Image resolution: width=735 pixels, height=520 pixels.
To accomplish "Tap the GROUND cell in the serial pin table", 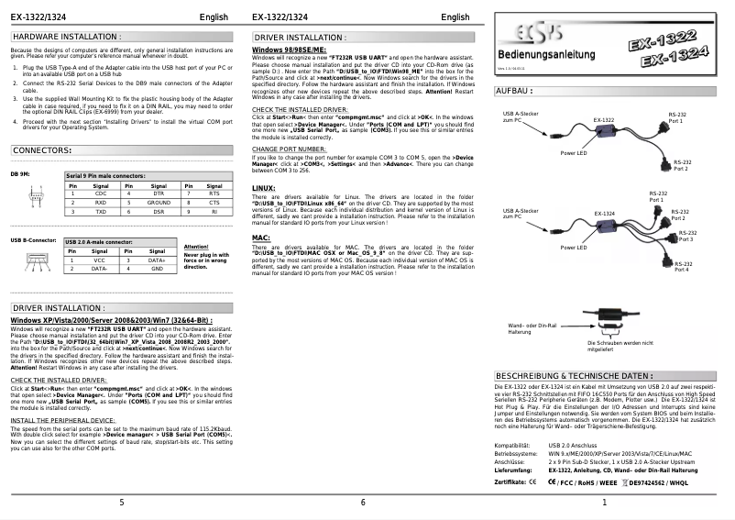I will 159,202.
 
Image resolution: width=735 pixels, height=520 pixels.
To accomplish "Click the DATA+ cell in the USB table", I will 157,260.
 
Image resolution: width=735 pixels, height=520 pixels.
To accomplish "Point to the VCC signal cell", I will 99,260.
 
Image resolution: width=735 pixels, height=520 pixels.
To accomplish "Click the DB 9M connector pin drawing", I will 33,201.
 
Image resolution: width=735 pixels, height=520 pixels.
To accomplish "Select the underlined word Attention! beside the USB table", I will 197,247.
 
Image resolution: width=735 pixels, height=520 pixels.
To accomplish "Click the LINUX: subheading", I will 263,188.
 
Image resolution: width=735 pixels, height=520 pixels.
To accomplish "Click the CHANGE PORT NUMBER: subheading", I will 289,149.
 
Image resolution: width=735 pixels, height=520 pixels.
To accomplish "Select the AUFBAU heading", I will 515,92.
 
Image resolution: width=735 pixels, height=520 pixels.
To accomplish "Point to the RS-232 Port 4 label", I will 680,266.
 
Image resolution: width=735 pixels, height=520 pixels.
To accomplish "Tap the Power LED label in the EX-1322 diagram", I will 574,153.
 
